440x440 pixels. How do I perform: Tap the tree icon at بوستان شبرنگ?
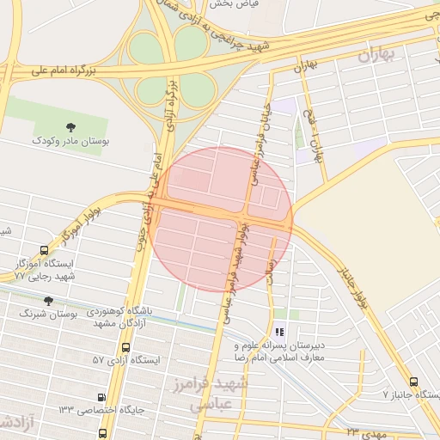[x=46, y=301]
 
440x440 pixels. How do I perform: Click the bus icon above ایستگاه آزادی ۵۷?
[x=127, y=348]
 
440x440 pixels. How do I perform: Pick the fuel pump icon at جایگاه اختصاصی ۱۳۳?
[x=103, y=397]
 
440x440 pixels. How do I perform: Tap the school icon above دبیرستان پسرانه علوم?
[x=278, y=331]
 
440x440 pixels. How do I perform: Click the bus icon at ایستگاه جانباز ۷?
[x=414, y=381]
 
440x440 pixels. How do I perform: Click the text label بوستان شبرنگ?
[x=48, y=315]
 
